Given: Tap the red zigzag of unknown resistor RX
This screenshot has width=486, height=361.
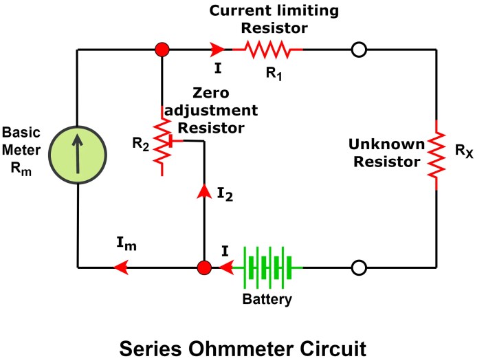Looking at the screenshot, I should tap(437, 154).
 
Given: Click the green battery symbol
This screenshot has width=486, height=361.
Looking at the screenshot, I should tap(269, 267).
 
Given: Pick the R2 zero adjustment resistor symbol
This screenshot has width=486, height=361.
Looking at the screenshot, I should tap(162, 141).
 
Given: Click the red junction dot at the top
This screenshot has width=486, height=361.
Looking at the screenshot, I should tap(162, 50).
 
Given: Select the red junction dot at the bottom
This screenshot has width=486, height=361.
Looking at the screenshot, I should tap(203, 267).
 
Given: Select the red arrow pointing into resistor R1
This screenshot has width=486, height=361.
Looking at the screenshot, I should tap(218, 50).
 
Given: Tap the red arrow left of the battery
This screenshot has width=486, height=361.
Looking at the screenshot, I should tap(224, 267).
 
